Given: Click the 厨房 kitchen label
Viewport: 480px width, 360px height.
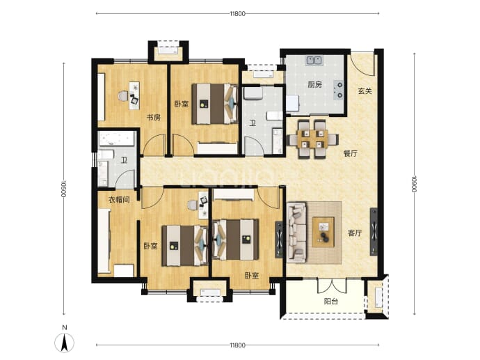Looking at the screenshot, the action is pos(314,84).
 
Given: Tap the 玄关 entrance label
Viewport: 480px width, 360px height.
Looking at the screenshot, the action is pos(365,91).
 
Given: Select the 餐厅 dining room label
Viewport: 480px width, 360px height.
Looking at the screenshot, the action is pos(350,153).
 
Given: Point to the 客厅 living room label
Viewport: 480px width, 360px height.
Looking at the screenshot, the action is pos(355,233).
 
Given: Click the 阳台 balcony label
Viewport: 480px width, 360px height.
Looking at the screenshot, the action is pos(331,302).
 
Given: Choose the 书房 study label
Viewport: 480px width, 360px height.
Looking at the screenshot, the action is pos(153,118).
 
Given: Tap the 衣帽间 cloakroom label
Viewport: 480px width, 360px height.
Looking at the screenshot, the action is pos(119,200).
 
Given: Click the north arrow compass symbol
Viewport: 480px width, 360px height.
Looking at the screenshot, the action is pos(64,342).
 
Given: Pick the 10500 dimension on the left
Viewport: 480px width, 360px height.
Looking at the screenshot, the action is pos(64,189).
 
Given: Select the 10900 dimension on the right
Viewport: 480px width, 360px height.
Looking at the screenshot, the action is pos(414,184).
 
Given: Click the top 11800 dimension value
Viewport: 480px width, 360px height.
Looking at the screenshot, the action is pos(237,13).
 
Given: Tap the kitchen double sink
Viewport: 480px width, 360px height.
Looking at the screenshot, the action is pos(314,61).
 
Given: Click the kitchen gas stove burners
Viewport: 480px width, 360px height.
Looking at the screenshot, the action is pos(339,90).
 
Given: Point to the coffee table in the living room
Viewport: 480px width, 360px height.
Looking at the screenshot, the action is pos(323,232).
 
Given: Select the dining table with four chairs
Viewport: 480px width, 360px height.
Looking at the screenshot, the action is pos(312,139).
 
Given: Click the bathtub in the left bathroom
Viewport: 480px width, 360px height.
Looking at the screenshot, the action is pos(117,139).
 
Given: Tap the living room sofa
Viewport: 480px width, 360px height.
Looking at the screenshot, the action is pos(296,233).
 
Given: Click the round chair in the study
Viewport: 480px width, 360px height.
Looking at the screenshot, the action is pos(122,96).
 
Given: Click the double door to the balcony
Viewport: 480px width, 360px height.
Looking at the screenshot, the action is pos(332,285).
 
